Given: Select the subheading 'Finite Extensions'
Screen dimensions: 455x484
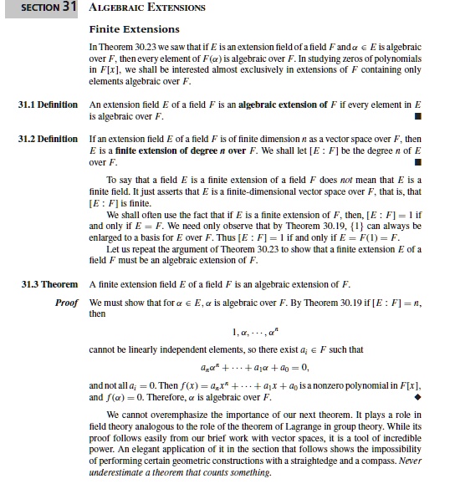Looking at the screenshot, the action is [128, 29].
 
